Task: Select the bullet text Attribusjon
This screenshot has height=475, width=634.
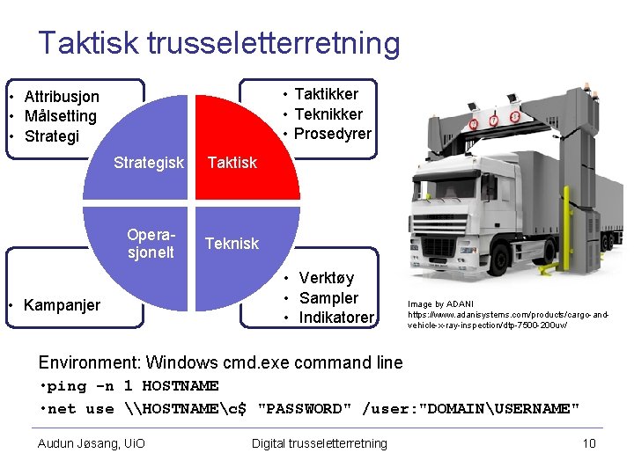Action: [x=62, y=97]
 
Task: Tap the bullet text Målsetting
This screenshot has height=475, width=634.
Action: [x=60, y=116]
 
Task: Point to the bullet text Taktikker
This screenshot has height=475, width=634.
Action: [x=326, y=94]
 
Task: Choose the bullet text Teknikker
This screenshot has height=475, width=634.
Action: [x=328, y=114]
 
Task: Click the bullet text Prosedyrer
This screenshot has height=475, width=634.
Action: [x=332, y=134]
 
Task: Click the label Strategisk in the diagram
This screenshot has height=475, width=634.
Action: [x=149, y=163]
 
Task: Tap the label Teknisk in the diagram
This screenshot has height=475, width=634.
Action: [x=232, y=244]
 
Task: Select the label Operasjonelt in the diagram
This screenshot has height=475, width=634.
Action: [x=151, y=244]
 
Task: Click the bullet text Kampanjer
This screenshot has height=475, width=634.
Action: [x=62, y=305]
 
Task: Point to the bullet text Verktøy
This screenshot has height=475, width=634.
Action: [x=326, y=279]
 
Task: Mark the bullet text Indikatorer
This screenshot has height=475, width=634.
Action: [x=336, y=318]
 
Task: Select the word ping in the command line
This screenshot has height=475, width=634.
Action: [x=67, y=386]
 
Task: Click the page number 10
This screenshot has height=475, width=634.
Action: [x=589, y=443]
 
